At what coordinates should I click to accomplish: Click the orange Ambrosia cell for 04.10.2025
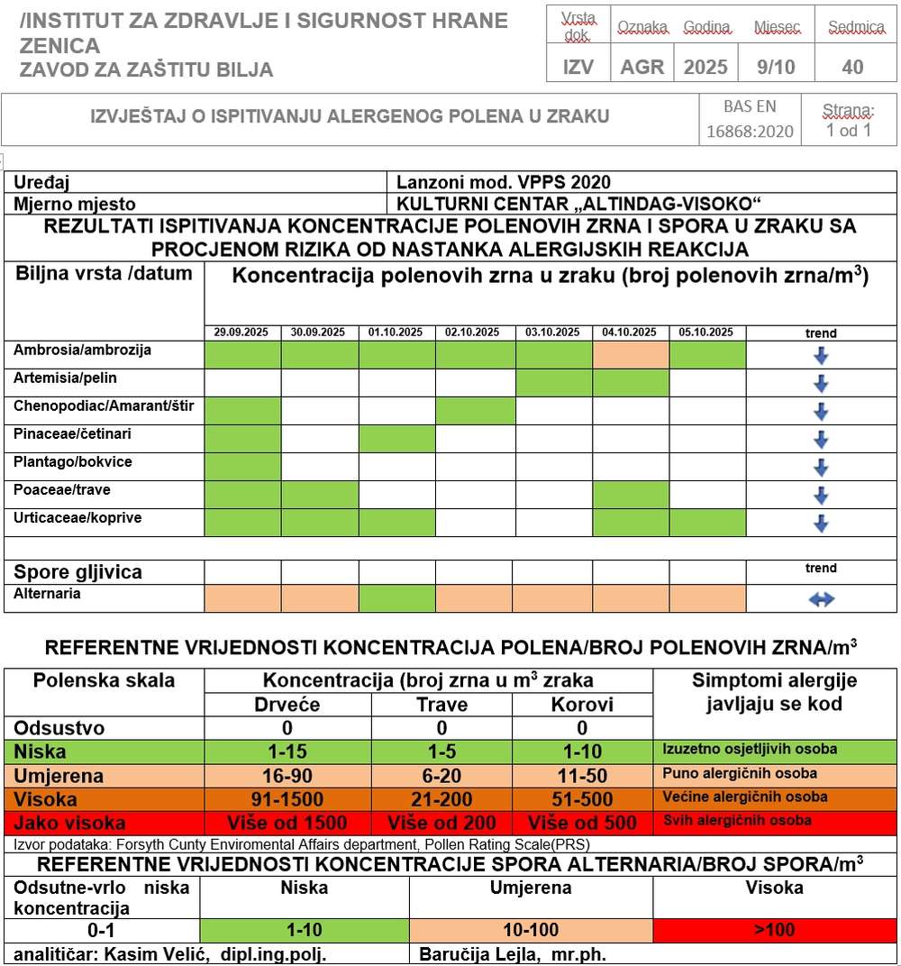point(631,355)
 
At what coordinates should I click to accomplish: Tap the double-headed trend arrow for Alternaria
point(821,599)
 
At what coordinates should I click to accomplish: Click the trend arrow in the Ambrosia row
point(821,356)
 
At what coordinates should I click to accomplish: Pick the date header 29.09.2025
point(242,333)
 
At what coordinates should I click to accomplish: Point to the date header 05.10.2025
point(707,333)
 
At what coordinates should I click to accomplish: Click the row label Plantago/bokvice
point(73,462)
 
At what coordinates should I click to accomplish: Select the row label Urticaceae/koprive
point(77,518)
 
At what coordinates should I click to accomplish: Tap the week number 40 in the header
point(852,67)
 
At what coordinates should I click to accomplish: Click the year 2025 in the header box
point(705,67)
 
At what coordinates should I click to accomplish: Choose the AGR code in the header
point(642,67)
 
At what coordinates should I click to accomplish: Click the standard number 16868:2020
point(750,132)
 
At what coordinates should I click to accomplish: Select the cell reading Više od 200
point(441,823)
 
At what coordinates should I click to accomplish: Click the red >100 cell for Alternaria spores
point(774,930)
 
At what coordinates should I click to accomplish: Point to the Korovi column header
point(582,705)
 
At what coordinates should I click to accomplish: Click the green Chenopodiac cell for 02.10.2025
point(475,411)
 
